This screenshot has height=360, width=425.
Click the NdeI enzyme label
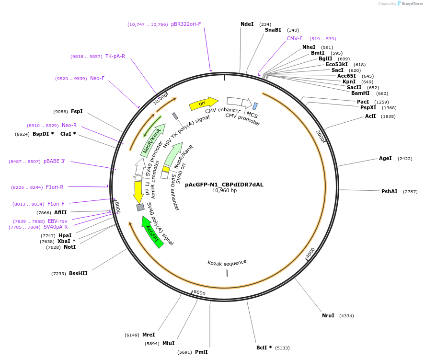[x=247, y=24]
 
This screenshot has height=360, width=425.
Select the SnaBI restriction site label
[x=273, y=30]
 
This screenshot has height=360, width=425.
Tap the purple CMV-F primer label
[x=295, y=38]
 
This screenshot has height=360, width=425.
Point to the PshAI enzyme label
[x=389, y=191]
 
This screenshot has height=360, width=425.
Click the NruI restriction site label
[x=328, y=315]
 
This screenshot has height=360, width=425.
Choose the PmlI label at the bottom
[x=201, y=352]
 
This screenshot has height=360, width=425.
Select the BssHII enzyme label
[x=78, y=273]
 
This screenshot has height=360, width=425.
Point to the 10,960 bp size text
[x=224, y=190]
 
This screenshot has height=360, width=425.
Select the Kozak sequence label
[x=227, y=262]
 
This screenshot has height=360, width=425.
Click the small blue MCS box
[x=255, y=106]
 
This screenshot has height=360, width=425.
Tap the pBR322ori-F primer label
[x=186, y=24]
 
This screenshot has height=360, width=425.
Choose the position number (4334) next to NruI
[x=346, y=315]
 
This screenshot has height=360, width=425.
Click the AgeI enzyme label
[x=385, y=158]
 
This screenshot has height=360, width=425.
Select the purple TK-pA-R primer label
[x=115, y=56]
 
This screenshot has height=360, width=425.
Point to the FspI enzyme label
[x=77, y=111]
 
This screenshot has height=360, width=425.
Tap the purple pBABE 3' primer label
[x=54, y=162]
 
